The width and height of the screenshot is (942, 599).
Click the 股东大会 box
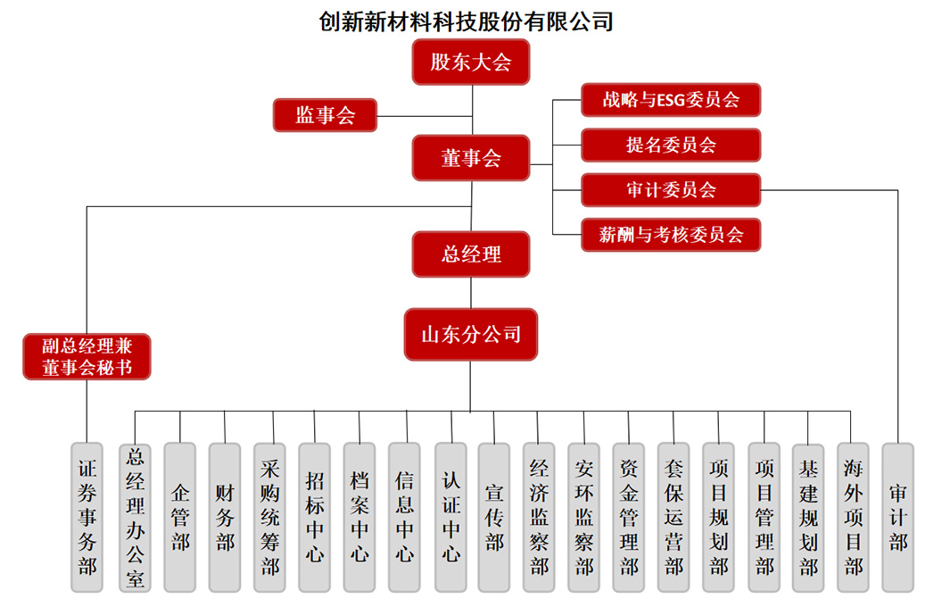[471, 62]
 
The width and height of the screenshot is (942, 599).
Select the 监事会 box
[325, 114]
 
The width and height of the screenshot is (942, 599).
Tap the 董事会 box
[471, 158]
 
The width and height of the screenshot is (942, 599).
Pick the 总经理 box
[471, 254]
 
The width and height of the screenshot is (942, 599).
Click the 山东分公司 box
[471, 335]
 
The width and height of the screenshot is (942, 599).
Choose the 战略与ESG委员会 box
[671, 100]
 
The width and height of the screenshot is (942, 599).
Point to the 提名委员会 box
[671, 145]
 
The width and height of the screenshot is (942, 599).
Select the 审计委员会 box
[671, 189]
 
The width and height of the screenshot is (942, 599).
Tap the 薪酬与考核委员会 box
[671, 235]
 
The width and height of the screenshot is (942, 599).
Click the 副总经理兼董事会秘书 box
[87, 356]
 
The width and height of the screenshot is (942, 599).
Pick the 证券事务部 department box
[87, 517]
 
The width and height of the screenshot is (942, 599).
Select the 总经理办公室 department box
[136, 517]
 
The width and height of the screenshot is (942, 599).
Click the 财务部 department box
[225, 517]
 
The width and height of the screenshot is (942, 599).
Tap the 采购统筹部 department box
[270, 517]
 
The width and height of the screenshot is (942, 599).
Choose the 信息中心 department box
[405, 517]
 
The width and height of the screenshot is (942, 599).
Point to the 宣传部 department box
[495, 517]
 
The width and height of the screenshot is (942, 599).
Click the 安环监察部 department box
[584, 517]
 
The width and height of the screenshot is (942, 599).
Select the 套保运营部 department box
[674, 517]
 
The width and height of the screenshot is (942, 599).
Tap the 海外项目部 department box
[854, 517]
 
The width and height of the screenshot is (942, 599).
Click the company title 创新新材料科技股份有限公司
[467, 21]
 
